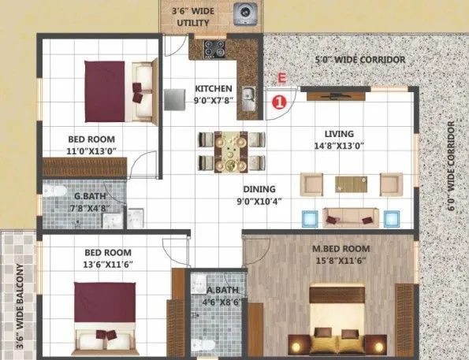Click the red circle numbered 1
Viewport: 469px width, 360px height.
277,100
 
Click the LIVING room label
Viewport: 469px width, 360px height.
338,134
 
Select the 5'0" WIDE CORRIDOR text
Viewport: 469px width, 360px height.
360,60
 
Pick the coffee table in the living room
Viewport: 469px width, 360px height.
351,184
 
